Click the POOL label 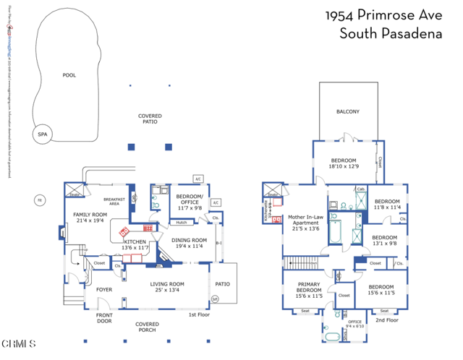(x=69, y=75)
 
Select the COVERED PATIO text (x=150, y=119)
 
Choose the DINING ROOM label (x=189, y=243)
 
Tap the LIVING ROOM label (x=169, y=287)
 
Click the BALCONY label (x=348, y=112)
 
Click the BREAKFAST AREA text (x=116, y=202)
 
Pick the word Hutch (x=181, y=223)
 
